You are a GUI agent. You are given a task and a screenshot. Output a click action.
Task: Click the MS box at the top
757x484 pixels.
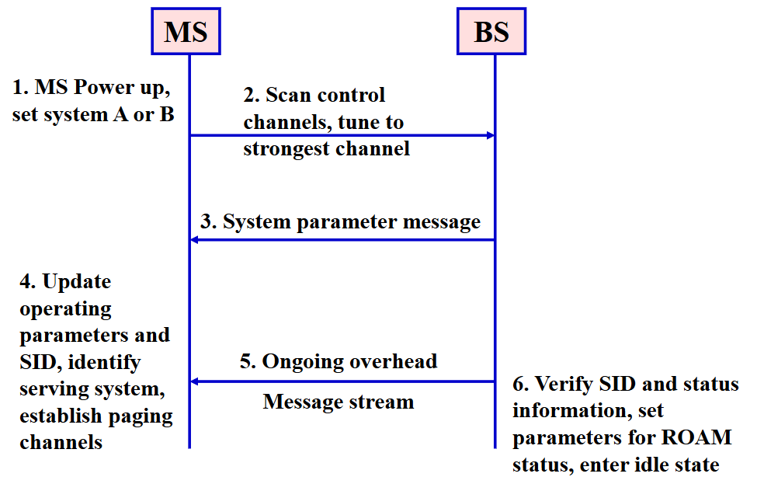coord(186,31)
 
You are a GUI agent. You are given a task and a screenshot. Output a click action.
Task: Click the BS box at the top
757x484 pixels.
coord(491,31)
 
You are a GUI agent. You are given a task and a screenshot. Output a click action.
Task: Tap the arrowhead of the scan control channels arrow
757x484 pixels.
coord(491,135)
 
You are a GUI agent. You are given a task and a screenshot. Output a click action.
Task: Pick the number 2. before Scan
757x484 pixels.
coord(252,95)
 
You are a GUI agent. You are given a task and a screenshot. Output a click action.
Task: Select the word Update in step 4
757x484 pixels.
coord(77,282)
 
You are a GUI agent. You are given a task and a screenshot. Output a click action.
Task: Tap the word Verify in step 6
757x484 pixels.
coord(564,385)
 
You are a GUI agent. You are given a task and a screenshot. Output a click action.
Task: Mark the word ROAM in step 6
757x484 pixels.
coord(696,437)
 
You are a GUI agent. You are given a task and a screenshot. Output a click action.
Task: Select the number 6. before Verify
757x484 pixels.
coord(520,385)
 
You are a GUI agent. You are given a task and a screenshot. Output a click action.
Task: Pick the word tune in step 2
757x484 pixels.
coord(358,123)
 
